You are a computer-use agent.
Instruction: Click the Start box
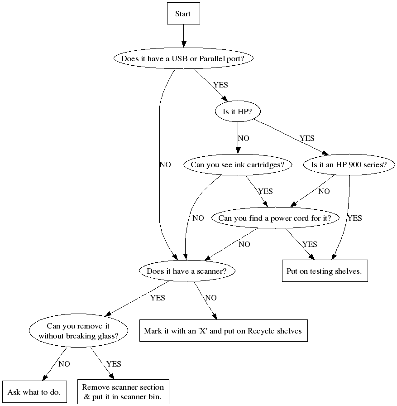point(183,14)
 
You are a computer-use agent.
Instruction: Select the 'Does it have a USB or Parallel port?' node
point(183,58)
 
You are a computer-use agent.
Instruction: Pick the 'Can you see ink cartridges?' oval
point(238,164)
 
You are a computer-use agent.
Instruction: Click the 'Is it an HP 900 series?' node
point(349,164)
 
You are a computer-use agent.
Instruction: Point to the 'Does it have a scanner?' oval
point(186,271)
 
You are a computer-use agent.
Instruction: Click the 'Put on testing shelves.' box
point(325,271)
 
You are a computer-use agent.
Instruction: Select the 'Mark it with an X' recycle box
point(222,331)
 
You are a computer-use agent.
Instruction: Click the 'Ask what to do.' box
point(34,392)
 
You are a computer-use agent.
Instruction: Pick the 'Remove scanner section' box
point(123,392)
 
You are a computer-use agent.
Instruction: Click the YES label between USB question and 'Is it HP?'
point(220,85)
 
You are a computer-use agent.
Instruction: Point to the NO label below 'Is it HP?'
point(243,138)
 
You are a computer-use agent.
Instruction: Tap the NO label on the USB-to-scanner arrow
point(165,164)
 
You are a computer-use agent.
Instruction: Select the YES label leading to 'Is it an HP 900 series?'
point(307,138)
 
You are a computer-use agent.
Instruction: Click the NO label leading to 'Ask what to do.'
point(64,363)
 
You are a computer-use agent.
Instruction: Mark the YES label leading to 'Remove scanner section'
point(114,363)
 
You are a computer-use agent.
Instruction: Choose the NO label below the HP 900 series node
point(324,191)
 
